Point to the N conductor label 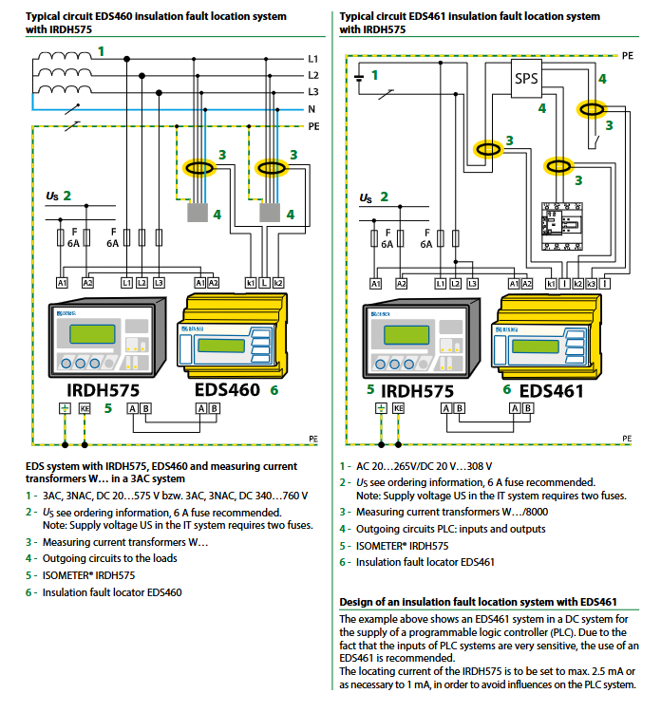pos(312,109)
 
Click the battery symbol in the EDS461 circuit pos(359,76)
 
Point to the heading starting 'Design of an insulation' pos(479,602)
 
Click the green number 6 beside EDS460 pos(274,389)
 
